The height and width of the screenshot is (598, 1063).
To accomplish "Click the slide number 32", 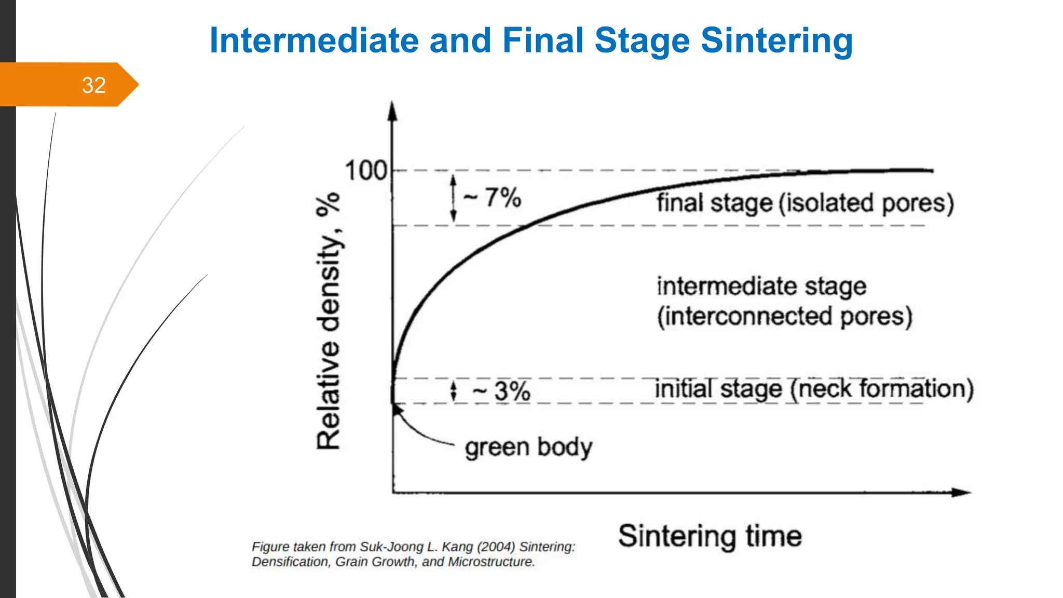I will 93,85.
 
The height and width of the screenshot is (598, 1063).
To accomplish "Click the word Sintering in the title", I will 776,40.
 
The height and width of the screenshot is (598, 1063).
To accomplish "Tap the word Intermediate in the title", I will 314,40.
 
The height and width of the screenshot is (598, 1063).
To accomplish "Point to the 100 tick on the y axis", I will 366,171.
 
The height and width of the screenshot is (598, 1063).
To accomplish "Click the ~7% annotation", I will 493,198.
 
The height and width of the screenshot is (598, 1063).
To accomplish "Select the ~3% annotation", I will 502,391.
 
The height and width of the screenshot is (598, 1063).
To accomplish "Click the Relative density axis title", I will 329,322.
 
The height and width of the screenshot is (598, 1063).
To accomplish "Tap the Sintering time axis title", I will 710,536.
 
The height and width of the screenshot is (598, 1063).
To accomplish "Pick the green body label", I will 528,447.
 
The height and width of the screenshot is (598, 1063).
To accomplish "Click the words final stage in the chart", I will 714,202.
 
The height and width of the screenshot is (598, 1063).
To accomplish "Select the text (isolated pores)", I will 866,203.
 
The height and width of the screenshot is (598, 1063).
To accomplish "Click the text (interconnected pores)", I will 784,316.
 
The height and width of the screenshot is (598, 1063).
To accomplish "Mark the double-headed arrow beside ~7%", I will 453,198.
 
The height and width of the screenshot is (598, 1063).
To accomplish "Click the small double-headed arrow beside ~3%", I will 454,391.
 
